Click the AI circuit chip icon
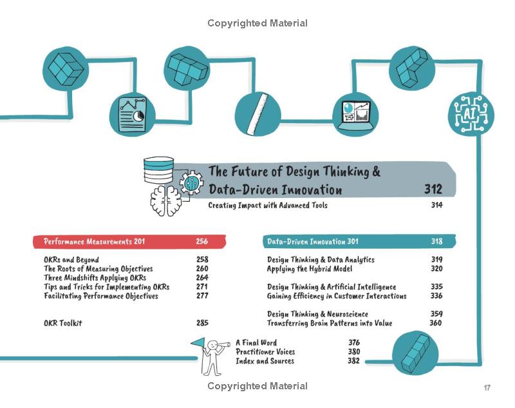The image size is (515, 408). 471,114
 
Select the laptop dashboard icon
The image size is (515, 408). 356,115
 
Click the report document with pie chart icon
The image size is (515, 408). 132,114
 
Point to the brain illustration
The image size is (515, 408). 166,201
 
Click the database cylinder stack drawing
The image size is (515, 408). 158,170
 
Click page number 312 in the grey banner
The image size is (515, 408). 433,189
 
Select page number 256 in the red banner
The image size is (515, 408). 202,241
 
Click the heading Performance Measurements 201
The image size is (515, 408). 94,242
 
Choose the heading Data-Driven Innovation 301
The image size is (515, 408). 313,242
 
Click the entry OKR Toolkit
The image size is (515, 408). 62,323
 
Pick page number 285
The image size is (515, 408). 202,323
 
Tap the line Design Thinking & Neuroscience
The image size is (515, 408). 317,314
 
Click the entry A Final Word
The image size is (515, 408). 256,342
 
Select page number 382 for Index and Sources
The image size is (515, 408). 353,361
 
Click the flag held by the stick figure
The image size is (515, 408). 198,343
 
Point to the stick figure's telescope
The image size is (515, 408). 223,345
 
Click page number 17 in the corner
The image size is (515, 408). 487,387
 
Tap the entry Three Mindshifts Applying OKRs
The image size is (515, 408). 95,278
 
